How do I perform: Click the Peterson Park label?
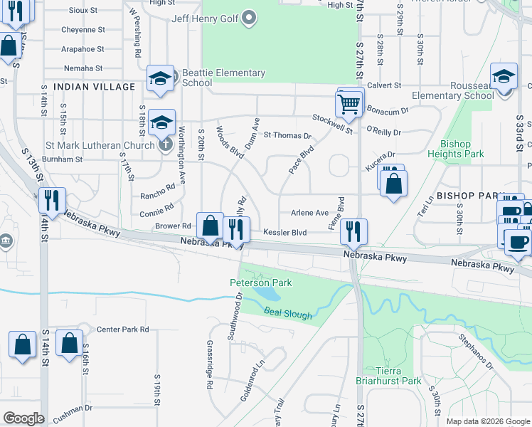pos(260,283)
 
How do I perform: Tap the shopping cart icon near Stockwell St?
pos(349,104)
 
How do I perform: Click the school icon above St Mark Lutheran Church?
pos(162,123)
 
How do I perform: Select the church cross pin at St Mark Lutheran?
pos(165,145)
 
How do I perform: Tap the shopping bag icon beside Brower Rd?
pos(210,227)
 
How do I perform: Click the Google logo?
pos(24,418)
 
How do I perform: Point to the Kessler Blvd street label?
pos(284,233)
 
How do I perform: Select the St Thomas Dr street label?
pos(287,135)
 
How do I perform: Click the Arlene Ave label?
pos(310,213)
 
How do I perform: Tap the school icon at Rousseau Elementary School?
pos(504,78)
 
